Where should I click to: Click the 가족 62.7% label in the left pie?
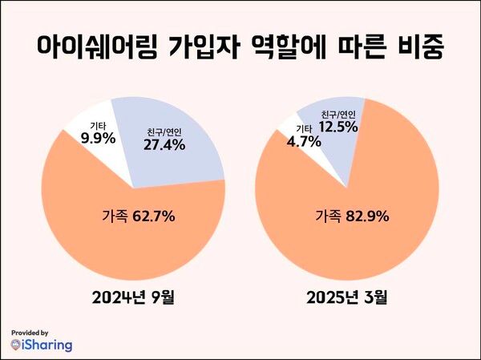coord(139,216)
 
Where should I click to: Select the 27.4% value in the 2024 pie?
coord(164,145)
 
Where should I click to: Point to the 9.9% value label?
coord(98,138)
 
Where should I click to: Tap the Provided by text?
coord(30,331)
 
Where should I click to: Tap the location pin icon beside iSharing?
coord(17,345)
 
